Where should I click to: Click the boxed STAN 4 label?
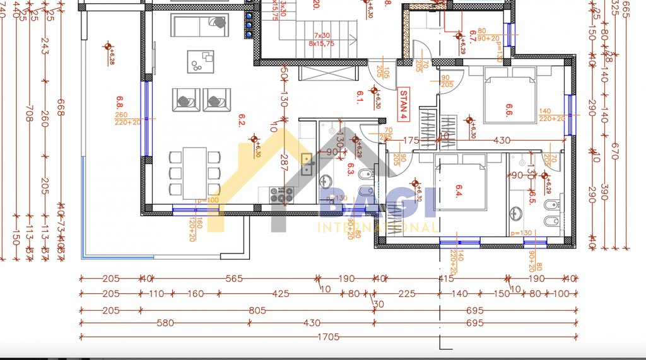(x=402, y=105)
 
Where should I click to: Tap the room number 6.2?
(x=242, y=120)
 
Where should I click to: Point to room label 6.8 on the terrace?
(x=120, y=102)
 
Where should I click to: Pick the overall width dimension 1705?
(x=329, y=337)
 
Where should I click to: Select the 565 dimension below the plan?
(x=234, y=279)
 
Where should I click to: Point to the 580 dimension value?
(x=165, y=323)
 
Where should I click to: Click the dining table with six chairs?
(x=194, y=172)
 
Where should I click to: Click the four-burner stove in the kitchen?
(x=281, y=195)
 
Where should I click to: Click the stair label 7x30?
(x=322, y=35)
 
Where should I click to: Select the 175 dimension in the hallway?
(x=411, y=140)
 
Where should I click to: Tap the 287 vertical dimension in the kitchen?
(x=284, y=163)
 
